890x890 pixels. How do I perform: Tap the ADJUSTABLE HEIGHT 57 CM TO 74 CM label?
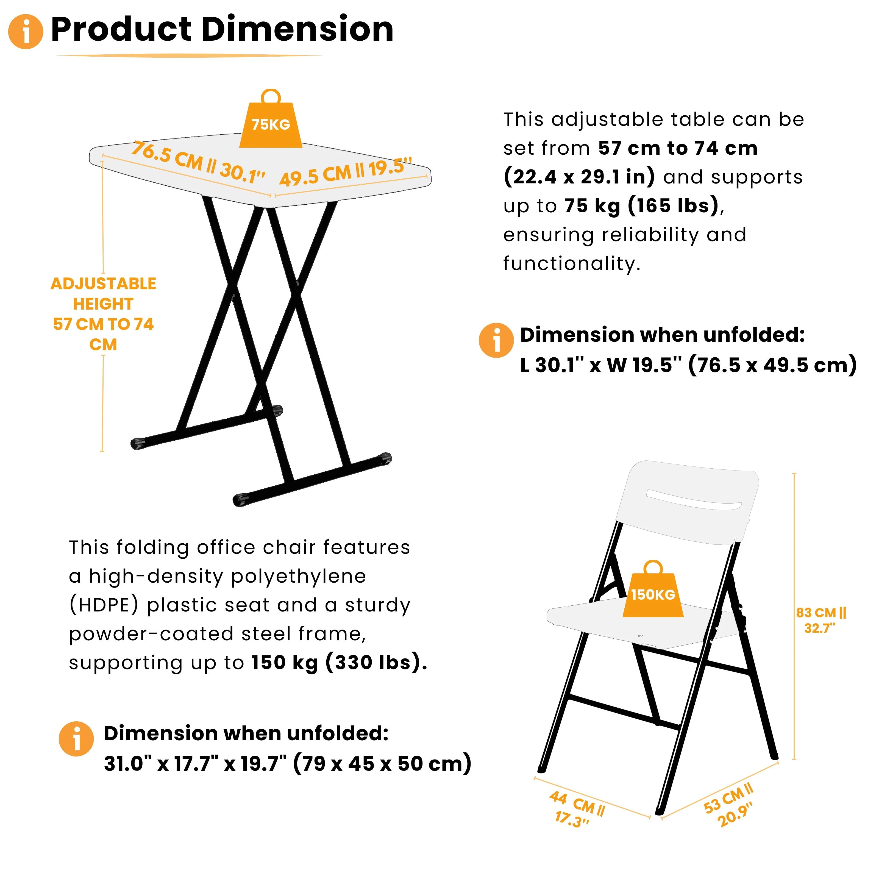[103, 314]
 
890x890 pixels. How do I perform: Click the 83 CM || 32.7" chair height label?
[821, 620]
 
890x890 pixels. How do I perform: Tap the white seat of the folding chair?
[640, 622]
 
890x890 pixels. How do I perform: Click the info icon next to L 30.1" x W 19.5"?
[496, 340]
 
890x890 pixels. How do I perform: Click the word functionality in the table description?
[572, 264]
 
